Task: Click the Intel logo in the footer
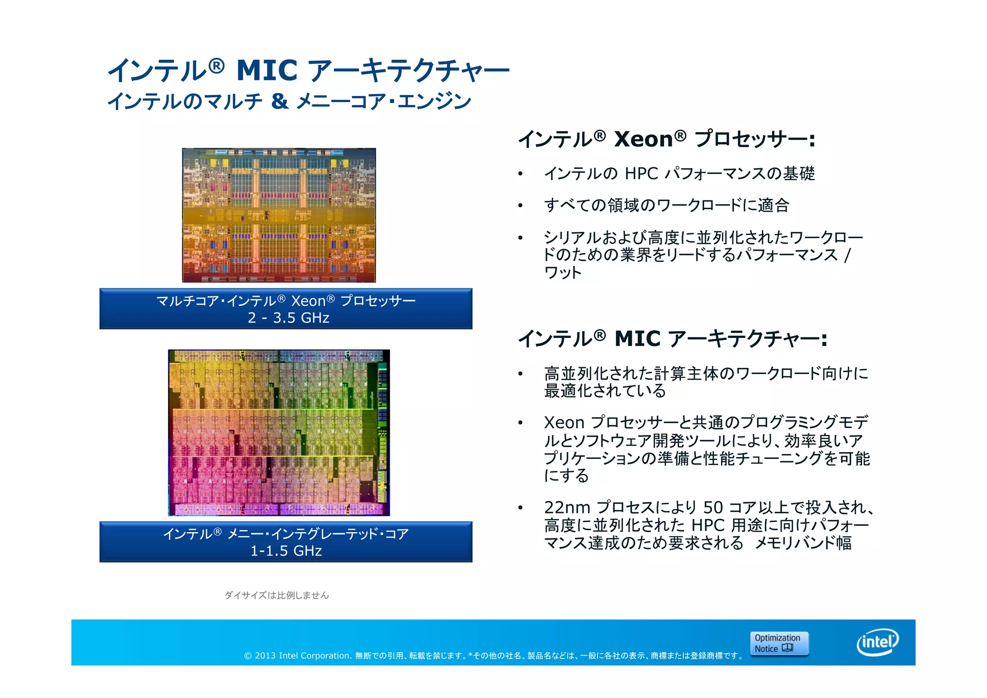[878, 642]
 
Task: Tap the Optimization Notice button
[779, 644]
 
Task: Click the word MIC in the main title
[267, 70]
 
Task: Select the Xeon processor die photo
[279, 215]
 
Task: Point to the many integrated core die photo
[279, 432]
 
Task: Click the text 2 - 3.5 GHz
[288, 318]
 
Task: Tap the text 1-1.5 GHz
[286, 550]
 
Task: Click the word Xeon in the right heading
[643, 139]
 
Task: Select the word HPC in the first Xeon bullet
[641, 174]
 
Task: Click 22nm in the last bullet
[567, 508]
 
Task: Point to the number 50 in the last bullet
[713, 508]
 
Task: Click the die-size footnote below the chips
[277, 595]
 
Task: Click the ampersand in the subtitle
[280, 101]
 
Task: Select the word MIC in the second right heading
[637, 339]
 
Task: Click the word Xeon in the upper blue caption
[308, 301]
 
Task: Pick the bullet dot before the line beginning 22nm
[520, 508]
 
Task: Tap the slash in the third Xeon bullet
[847, 255]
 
